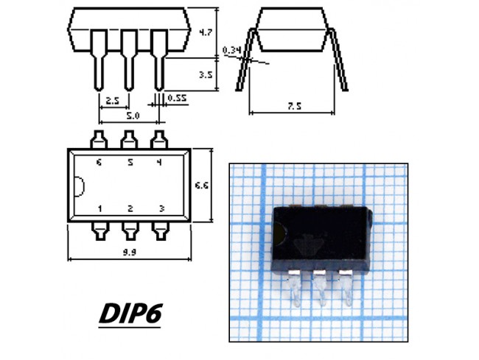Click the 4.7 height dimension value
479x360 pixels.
(x=206, y=32)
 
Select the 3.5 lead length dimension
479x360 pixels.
(x=206, y=74)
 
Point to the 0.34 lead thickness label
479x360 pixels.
(x=232, y=50)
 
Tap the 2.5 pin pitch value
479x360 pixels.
(x=112, y=100)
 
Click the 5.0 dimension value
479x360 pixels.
(x=133, y=116)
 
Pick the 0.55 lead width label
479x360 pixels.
(x=177, y=98)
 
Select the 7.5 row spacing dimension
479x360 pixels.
(x=295, y=106)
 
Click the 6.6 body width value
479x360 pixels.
(x=202, y=186)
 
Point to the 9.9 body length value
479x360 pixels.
(x=129, y=253)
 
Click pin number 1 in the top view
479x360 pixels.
(x=99, y=208)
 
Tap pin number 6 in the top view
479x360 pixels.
(x=99, y=162)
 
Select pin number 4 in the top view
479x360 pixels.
(x=159, y=162)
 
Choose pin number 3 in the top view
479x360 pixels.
(x=161, y=208)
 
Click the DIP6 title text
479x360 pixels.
(x=130, y=313)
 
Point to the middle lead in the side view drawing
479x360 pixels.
(x=129, y=60)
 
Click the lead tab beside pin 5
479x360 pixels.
(x=129, y=140)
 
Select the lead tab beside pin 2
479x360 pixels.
(x=130, y=231)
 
